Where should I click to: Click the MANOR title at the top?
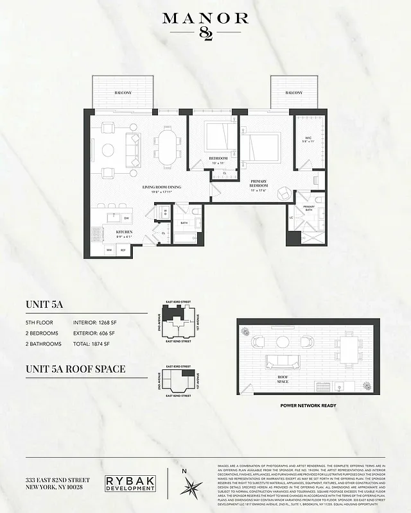205,19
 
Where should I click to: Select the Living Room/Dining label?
161,187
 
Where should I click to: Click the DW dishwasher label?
126,218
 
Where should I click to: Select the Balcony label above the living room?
123,93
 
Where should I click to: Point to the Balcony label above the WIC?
293,93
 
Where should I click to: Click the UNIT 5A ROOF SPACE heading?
75,369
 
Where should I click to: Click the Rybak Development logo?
130,484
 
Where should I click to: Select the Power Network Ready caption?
309,406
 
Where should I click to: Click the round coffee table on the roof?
282,342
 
